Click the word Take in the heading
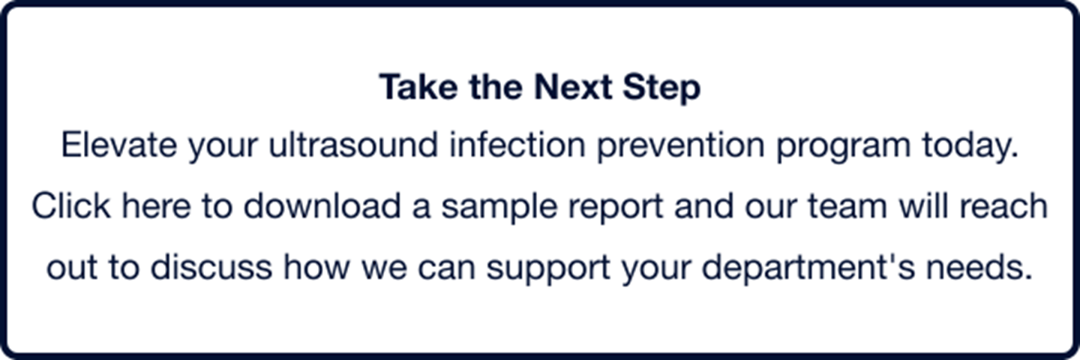click(418, 87)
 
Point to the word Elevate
click(118, 145)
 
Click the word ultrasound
click(353, 145)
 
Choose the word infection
click(517, 145)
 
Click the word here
click(156, 205)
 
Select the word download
click(322, 205)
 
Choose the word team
click(847, 207)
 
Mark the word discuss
click(211, 267)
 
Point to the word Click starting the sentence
click(71, 205)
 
